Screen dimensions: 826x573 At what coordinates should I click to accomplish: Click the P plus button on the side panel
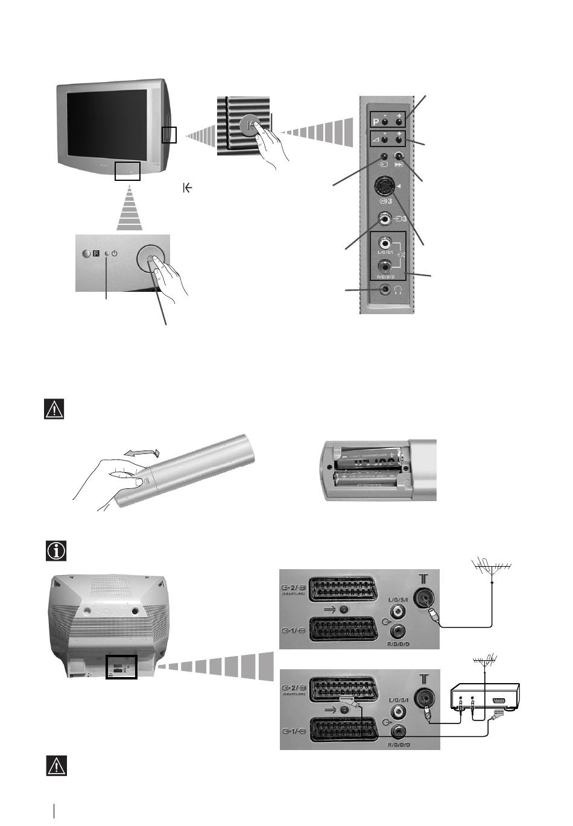(x=399, y=122)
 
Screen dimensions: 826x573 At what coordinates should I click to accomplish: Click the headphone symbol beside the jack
(x=397, y=290)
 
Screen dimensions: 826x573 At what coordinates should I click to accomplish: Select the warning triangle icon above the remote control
(x=55, y=409)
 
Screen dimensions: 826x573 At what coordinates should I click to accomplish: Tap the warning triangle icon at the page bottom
(x=56, y=766)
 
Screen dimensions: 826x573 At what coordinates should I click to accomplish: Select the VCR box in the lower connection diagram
(x=486, y=699)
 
